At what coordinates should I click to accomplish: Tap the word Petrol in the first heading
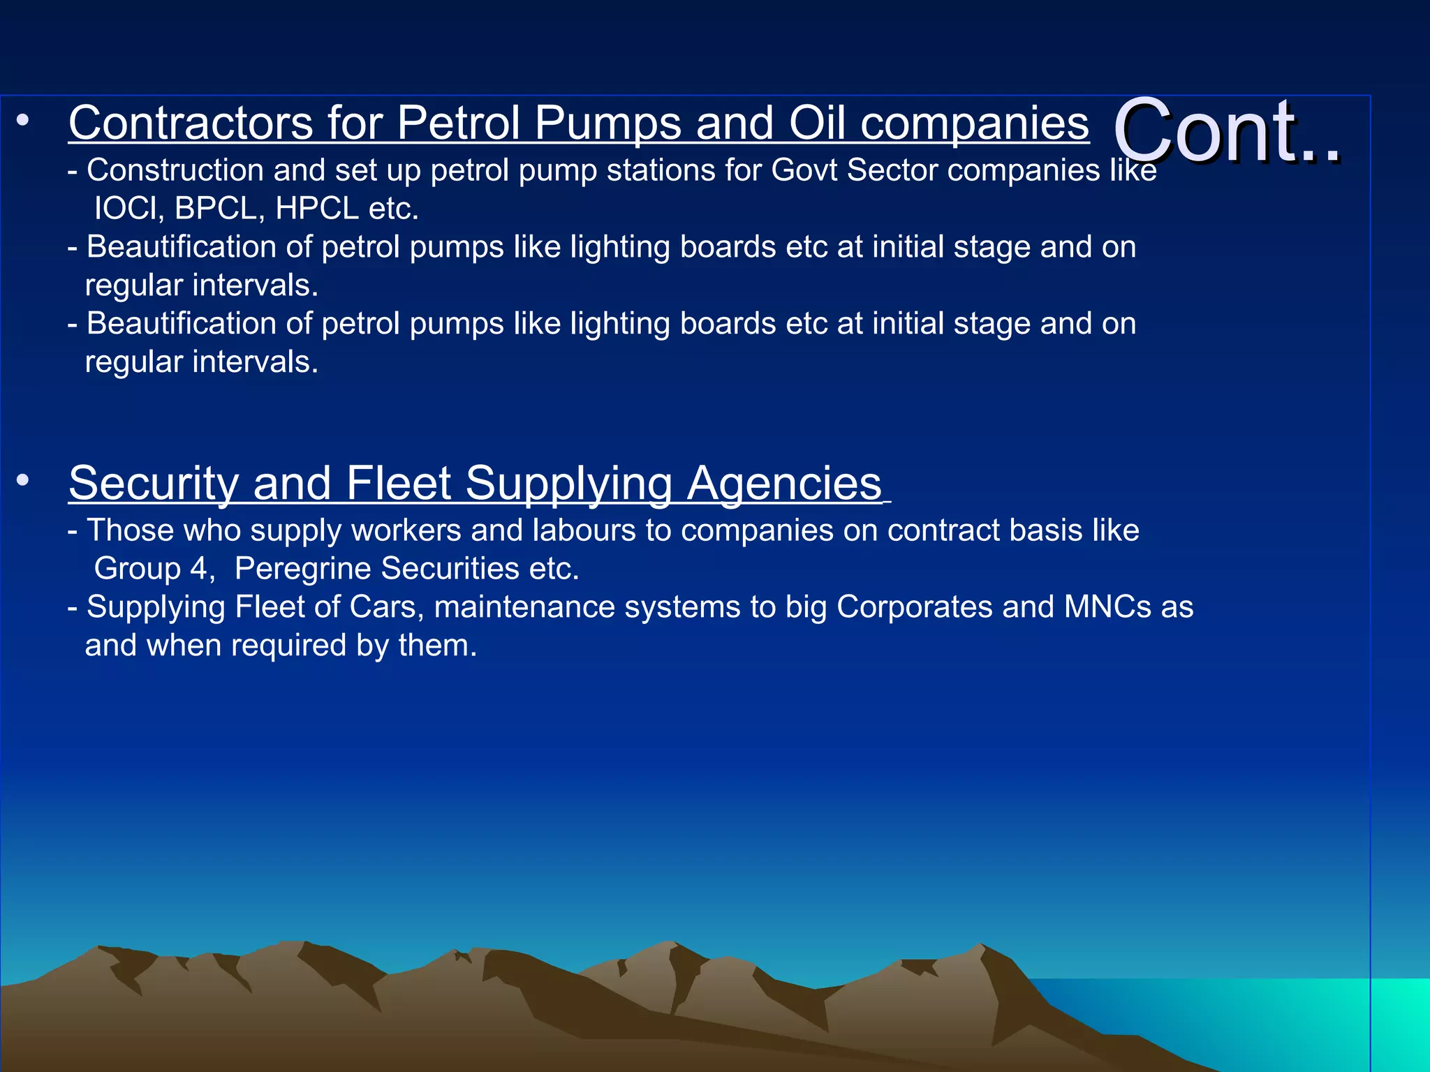(x=458, y=124)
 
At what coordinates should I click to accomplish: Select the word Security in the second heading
(x=154, y=483)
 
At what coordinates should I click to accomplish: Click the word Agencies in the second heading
(x=783, y=483)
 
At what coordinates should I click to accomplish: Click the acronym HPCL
(x=317, y=209)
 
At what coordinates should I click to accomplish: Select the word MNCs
(x=1107, y=607)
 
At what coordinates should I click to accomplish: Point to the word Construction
(x=175, y=171)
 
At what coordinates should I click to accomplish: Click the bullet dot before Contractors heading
(x=23, y=121)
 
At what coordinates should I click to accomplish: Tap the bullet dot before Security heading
(x=23, y=480)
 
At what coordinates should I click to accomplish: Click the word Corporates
(x=914, y=607)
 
